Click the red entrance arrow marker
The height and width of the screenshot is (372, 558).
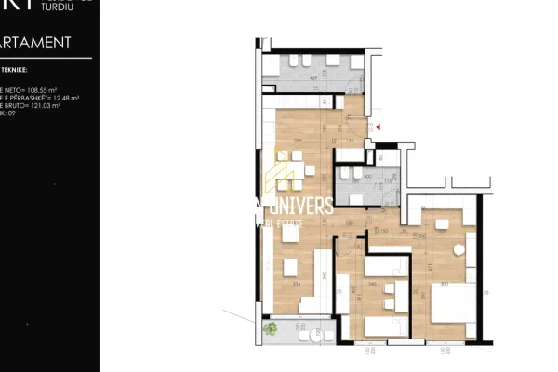(378, 126)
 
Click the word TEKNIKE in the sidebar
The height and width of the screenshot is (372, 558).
(16, 69)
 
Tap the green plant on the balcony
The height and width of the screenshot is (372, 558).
(271, 326)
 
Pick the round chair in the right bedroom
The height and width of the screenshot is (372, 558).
(458, 251)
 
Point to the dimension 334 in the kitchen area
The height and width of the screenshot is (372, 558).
(297, 140)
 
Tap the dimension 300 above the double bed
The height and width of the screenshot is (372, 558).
(444, 284)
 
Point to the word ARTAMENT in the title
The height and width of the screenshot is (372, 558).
(36, 43)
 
